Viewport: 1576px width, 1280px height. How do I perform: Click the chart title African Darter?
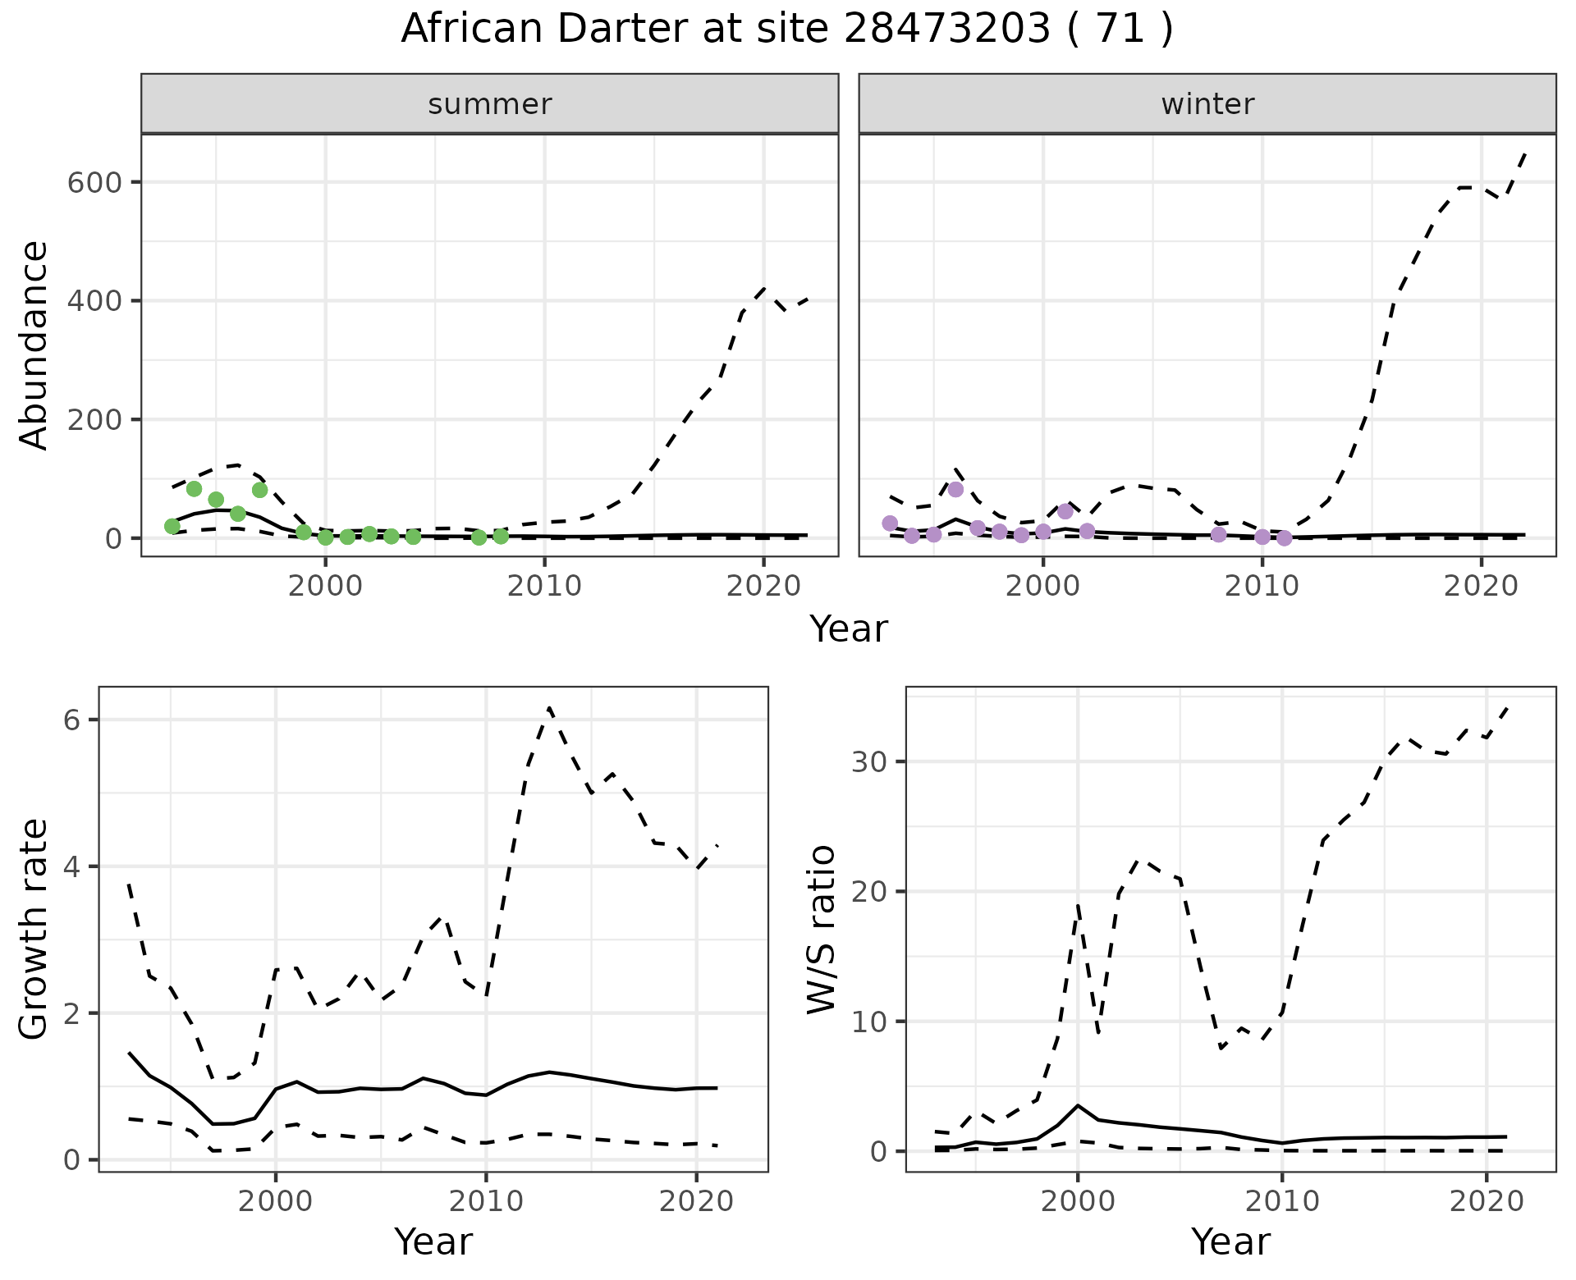[x=786, y=30]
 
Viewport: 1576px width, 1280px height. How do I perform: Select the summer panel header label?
[x=490, y=104]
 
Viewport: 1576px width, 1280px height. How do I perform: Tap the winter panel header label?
[x=1207, y=104]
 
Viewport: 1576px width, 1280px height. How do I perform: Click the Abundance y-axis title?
[x=34, y=345]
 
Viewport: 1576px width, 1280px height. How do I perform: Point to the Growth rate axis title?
[x=34, y=929]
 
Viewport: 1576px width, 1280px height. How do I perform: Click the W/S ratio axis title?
[x=821, y=929]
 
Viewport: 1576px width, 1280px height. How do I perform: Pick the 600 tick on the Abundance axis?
[x=94, y=182]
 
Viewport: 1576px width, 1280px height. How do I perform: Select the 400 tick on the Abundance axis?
[x=94, y=301]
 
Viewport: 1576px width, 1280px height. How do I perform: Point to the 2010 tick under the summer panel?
[x=544, y=587]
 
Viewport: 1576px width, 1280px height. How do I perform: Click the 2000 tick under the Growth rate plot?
[x=276, y=1202]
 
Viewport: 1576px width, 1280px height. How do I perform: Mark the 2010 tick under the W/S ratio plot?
[x=1282, y=1202]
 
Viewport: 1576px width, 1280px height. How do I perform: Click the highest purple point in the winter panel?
[x=955, y=490]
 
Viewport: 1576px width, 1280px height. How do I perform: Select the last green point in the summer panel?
[x=501, y=537]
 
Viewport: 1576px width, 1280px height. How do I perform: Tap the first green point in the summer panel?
[x=172, y=526]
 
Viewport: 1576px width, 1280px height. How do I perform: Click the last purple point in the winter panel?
[x=1285, y=538]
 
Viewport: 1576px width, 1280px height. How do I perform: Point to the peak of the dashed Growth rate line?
[x=549, y=707]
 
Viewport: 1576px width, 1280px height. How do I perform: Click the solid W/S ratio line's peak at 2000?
[x=1078, y=1105]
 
